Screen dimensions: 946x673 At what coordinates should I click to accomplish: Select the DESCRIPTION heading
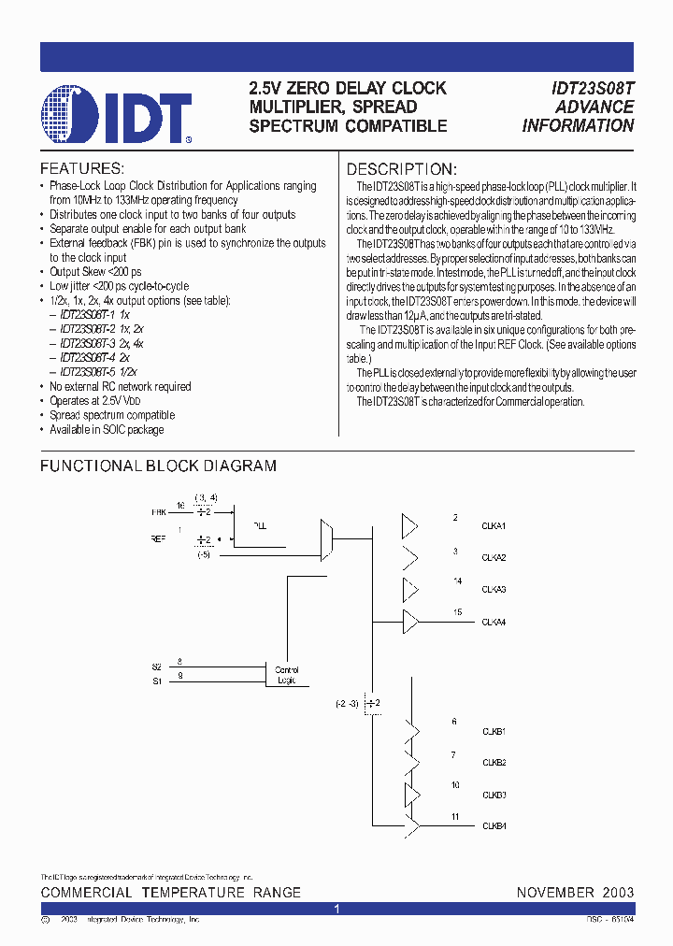point(402,169)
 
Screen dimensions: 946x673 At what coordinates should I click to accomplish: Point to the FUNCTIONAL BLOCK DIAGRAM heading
point(158,466)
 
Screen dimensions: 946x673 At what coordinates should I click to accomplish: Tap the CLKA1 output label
point(494,526)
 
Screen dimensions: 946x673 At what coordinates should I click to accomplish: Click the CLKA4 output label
point(494,623)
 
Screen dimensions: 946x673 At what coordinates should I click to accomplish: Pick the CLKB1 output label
point(494,730)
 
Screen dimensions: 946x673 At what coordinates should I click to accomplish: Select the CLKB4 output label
point(494,825)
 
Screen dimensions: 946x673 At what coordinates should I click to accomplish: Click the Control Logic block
point(285,674)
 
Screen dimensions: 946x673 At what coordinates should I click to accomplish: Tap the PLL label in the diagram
point(260,526)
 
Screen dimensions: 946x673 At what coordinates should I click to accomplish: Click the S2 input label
point(156,666)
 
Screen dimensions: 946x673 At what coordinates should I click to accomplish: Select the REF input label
point(159,538)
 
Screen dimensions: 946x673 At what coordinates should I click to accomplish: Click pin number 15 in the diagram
point(457,612)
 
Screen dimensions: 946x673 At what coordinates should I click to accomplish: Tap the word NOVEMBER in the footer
point(555,893)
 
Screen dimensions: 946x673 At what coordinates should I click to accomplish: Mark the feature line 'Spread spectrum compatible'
point(112,415)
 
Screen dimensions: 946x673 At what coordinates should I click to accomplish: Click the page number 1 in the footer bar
point(336,909)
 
